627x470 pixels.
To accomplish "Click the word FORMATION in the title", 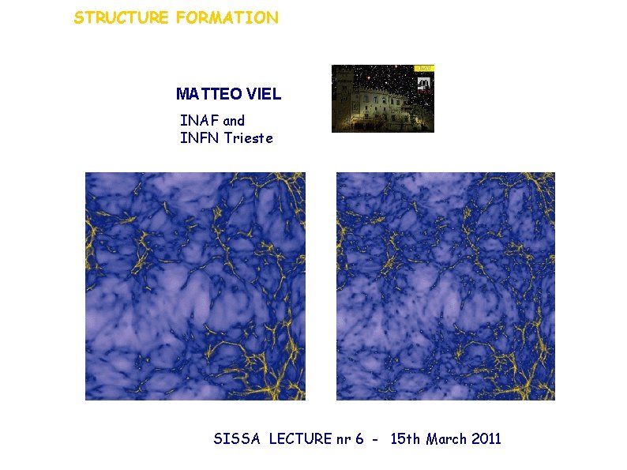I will (x=227, y=17).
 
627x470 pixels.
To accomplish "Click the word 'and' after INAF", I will (x=235, y=121).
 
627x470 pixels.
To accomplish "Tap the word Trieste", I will (x=248, y=138).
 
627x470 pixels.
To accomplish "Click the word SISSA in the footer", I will (x=237, y=439).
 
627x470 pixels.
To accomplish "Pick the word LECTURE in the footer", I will (x=298, y=439).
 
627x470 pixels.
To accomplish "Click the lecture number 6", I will (x=359, y=439).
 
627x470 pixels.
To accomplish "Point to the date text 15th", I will (x=406, y=439).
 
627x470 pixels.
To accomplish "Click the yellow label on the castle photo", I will (x=423, y=69).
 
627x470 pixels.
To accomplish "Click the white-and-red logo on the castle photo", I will (x=423, y=84).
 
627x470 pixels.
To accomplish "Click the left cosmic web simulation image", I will (x=195, y=286).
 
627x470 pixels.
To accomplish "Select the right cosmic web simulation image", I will (x=445, y=286).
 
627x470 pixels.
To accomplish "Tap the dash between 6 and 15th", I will (x=377, y=440).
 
